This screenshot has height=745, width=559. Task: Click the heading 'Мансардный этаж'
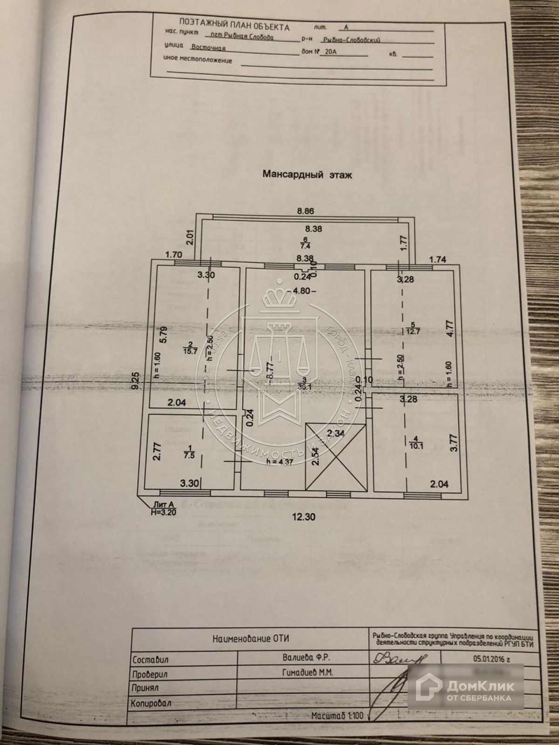(x=308, y=175)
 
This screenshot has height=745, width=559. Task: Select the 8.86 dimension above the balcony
(x=306, y=211)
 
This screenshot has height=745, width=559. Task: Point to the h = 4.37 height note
(x=281, y=462)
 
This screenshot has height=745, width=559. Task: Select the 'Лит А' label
(x=163, y=504)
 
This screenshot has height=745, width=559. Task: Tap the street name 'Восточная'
(x=208, y=47)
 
